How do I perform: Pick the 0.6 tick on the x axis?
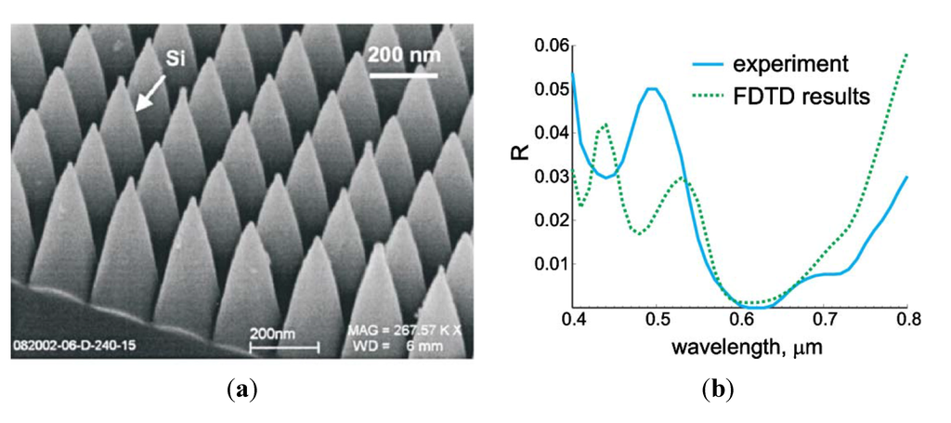740,321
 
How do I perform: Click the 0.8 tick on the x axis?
907,321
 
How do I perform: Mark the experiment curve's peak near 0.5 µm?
652,89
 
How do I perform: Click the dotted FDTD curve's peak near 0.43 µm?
605,124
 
